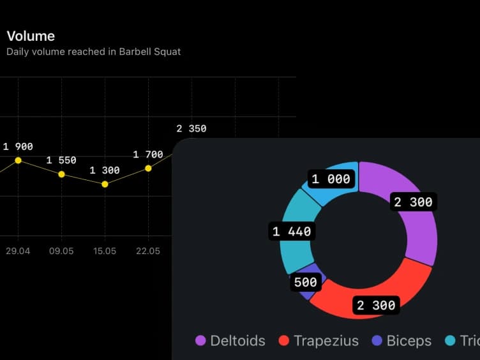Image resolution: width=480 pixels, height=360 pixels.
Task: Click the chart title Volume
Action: point(31,36)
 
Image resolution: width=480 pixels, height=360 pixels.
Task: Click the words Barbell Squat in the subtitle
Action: point(149,52)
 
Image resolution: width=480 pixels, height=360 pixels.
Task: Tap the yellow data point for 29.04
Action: point(18,160)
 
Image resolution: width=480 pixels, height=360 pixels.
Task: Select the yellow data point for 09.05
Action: point(61,174)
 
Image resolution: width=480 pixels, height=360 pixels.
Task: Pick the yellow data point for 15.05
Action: point(105,184)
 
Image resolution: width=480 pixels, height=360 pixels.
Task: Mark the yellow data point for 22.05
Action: point(148,169)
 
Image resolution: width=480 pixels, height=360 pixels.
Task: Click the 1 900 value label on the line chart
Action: point(18,147)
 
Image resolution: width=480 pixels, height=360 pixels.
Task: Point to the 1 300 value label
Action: point(105,170)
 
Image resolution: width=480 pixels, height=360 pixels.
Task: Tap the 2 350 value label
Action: point(191,129)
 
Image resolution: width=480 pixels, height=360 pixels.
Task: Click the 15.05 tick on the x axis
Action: point(105,251)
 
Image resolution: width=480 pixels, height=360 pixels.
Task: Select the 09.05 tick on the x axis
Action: point(61,251)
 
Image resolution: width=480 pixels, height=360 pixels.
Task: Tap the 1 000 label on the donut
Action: point(331,179)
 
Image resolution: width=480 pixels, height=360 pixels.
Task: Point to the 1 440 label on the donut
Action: point(292,232)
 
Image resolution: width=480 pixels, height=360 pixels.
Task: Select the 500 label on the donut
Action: point(305,282)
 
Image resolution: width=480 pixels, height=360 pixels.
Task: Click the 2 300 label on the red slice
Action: point(376,306)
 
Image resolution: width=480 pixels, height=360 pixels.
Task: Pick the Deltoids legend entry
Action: point(230,341)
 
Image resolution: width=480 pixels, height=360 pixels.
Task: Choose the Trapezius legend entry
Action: point(319,341)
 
